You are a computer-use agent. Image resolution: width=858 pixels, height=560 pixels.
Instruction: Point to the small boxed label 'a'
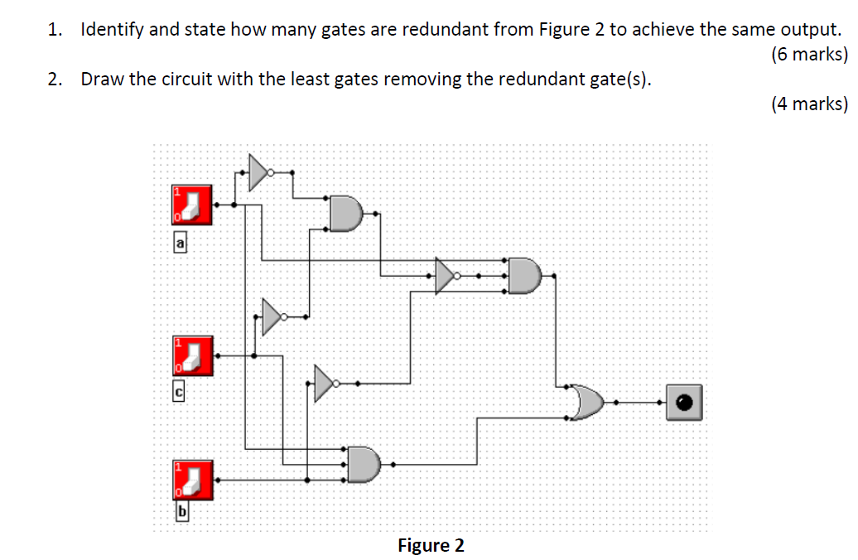180,242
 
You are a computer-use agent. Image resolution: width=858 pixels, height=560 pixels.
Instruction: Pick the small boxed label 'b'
180,514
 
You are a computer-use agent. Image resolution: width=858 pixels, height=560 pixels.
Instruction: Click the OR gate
587,402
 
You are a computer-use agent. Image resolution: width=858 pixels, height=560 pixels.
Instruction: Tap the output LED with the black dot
684,402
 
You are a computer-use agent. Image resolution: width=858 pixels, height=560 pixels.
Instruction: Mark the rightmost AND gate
525,275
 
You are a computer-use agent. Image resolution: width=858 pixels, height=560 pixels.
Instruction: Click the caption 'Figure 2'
431,545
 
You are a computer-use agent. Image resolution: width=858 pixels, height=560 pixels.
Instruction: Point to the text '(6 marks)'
808,55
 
